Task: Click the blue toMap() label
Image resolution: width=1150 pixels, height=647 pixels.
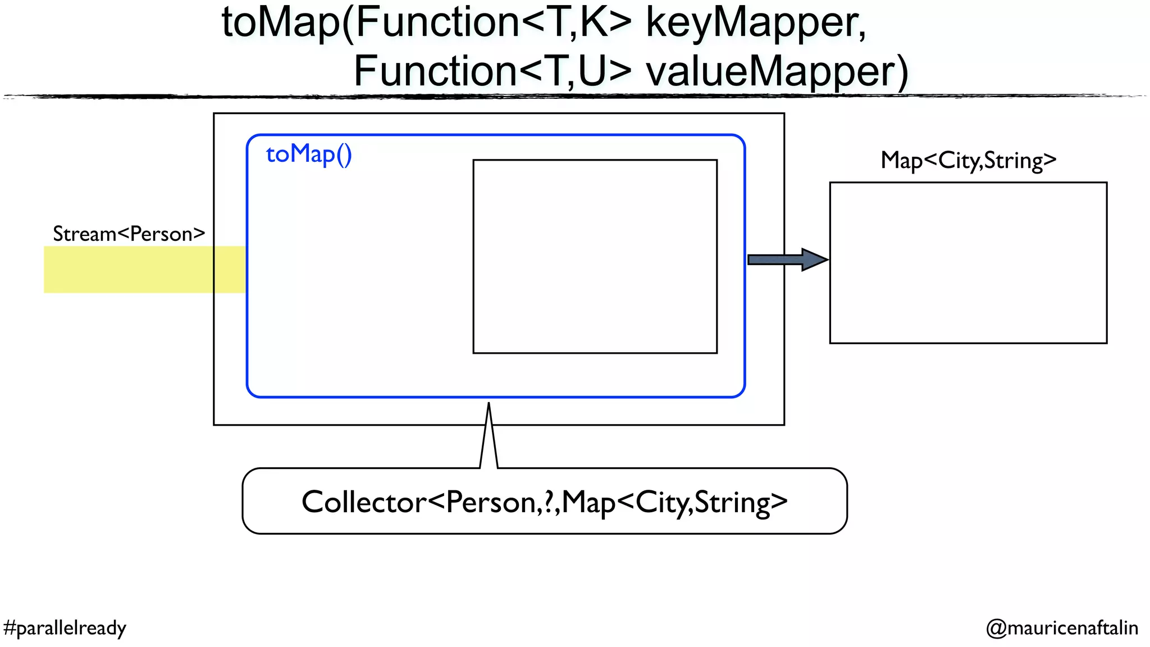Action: click(309, 154)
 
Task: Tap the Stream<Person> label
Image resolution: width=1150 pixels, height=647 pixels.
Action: click(129, 234)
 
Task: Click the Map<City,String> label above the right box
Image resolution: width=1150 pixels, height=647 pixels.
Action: click(968, 161)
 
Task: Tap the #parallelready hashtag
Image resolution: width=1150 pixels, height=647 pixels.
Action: click(65, 627)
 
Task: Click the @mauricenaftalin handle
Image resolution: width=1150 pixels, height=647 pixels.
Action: click(1062, 627)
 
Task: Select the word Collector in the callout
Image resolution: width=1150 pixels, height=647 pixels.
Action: click(364, 502)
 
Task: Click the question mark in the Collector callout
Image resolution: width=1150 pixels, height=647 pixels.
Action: click(547, 502)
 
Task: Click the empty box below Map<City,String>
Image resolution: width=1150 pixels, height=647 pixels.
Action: click(968, 262)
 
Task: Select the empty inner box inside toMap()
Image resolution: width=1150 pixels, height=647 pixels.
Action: click(595, 257)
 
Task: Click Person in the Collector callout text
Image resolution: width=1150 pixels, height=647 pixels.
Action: click(490, 502)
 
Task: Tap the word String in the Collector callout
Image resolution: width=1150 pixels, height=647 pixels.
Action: click(732, 502)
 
